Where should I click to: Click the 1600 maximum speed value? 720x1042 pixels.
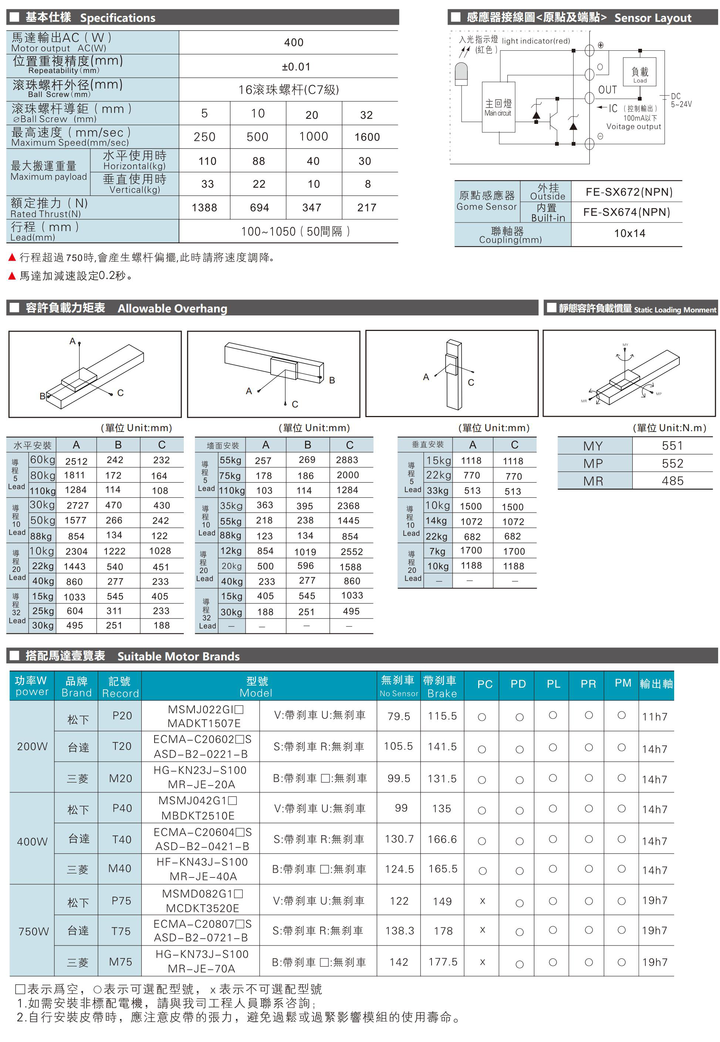367,137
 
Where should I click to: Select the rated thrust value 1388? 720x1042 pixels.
204,207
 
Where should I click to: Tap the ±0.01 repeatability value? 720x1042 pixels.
296,67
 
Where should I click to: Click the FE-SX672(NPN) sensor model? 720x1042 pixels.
629,192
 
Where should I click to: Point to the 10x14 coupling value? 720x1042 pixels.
629,233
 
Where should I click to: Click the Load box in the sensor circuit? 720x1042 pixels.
639,72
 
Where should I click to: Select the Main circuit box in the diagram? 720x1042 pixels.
498,107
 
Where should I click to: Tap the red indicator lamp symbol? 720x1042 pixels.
461,74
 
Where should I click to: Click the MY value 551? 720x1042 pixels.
672,446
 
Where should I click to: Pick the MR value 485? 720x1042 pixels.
672,481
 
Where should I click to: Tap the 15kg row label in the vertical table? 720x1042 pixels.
438,461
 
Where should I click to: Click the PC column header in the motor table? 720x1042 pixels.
484,684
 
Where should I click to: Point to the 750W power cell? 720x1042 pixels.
33,931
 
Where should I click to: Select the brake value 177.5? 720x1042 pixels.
443,962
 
